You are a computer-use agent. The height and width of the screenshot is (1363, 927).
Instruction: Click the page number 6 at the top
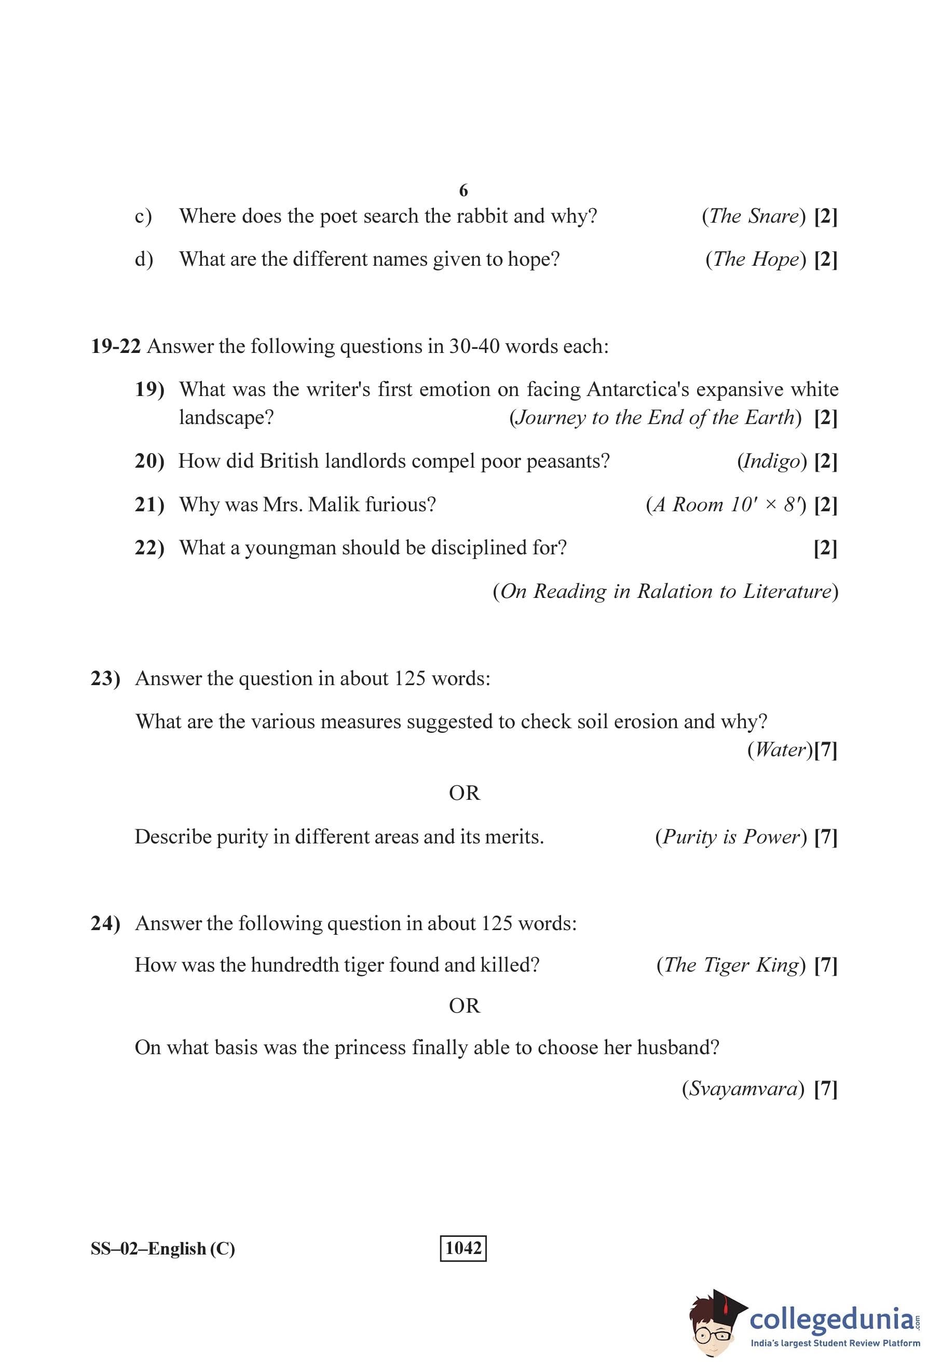click(x=463, y=190)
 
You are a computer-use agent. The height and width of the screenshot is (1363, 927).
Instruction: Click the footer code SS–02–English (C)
click(x=162, y=1249)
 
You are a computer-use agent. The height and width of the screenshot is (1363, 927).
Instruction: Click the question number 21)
click(x=149, y=505)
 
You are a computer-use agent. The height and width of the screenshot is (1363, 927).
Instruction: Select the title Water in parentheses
click(x=779, y=749)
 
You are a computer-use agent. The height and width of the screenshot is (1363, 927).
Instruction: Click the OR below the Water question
click(x=464, y=793)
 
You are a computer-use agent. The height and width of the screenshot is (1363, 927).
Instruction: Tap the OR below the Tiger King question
click(x=464, y=1006)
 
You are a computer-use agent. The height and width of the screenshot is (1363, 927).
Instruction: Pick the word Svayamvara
click(x=743, y=1089)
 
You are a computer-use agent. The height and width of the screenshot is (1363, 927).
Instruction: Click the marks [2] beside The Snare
click(x=826, y=216)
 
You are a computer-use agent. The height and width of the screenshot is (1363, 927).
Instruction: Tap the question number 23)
click(x=105, y=678)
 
